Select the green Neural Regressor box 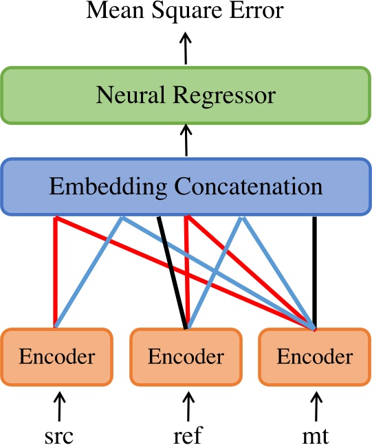186,95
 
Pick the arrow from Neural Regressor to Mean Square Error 186,49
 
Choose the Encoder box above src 56,357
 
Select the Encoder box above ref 186,357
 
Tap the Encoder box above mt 314,357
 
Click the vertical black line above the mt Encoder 315,271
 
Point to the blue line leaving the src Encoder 89,271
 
